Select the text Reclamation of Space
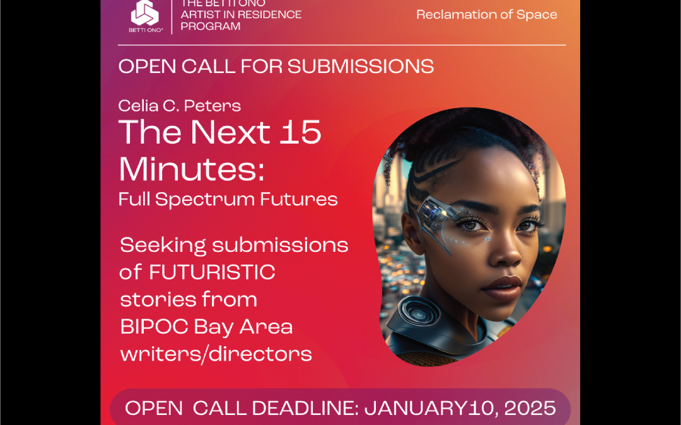pos(486,14)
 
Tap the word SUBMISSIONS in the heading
pos(361,66)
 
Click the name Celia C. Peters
pos(179,105)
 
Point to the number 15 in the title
pos(300,132)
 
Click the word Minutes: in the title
pos(192,169)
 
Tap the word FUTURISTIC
pos(212,273)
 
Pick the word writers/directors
pos(216,354)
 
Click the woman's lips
pos(502,287)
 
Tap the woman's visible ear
pos(413,230)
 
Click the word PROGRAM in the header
pos(211,26)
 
